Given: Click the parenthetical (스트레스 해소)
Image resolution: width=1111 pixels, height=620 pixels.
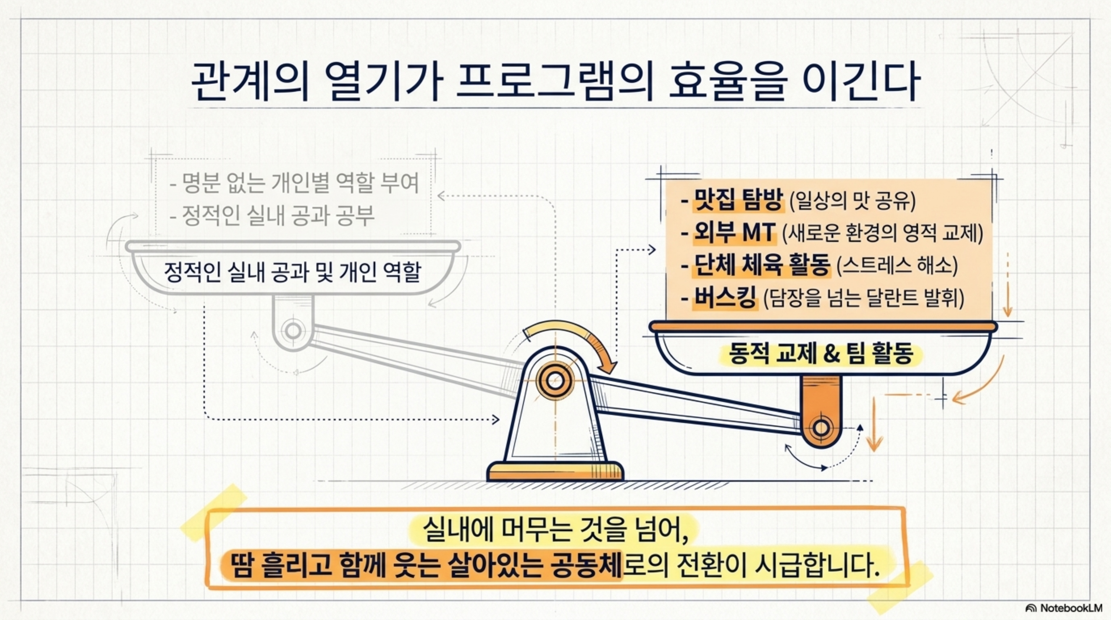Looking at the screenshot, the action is pyautogui.click(x=897, y=266).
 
